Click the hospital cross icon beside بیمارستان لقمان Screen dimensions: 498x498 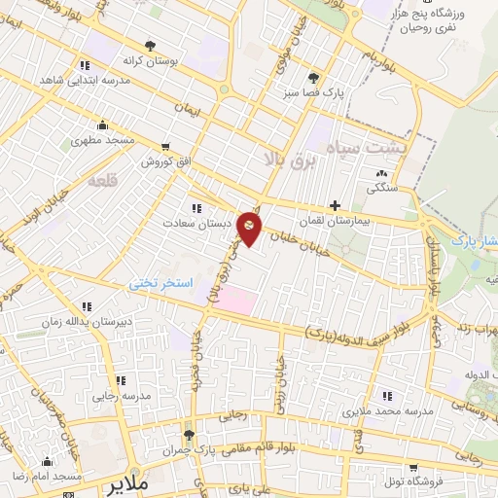(336, 205)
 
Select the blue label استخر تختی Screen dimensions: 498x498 (161, 283)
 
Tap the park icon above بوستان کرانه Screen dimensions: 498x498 (150, 45)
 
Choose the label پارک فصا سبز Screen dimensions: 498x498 (322, 91)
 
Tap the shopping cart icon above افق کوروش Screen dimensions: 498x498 (164, 147)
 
